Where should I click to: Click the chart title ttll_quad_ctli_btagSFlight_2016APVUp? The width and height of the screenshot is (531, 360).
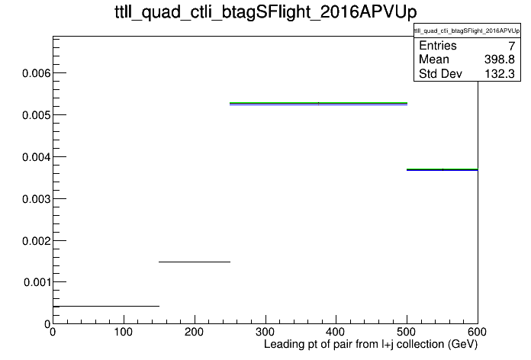tap(265, 12)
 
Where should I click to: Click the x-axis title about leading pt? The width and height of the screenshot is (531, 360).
tap(371, 345)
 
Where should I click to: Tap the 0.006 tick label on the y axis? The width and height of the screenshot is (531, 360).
tap(36, 73)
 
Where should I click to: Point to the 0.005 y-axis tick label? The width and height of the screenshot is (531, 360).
tap(36, 115)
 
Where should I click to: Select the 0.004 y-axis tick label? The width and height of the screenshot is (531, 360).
tap(36, 157)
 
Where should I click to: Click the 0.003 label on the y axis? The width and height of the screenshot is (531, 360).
tap(36, 199)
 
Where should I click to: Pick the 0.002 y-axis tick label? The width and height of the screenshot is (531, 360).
tap(36, 241)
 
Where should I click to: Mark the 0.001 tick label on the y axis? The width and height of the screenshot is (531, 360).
tap(37, 282)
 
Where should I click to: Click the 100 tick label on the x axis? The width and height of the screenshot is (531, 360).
tap(124, 332)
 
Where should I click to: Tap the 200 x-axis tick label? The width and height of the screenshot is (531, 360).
tap(194, 332)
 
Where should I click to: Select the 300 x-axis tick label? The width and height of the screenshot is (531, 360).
tap(265, 332)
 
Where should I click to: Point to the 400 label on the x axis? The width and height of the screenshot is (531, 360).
tap(336, 332)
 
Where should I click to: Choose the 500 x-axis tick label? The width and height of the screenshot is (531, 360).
tap(407, 332)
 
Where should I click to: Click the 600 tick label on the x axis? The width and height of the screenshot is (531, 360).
tap(477, 332)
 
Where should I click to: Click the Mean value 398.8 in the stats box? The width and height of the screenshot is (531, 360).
tap(500, 59)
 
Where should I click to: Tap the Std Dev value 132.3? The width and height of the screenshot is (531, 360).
tap(500, 73)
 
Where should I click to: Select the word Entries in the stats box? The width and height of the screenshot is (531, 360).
tap(438, 45)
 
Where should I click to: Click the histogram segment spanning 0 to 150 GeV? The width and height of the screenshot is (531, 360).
tap(106, 306)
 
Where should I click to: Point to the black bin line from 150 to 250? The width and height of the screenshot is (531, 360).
tap(195, 262)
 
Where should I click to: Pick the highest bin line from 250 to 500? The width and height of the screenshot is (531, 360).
tap(318, 103)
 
